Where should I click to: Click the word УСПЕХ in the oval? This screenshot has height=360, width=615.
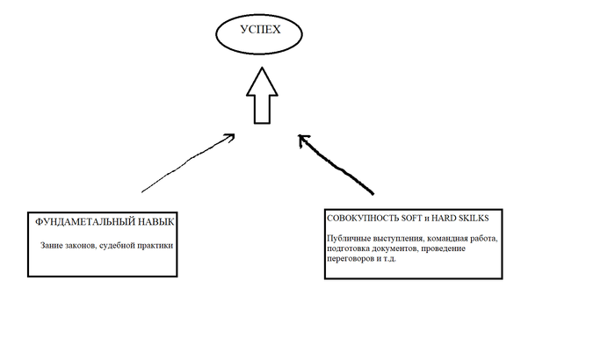point(260,30)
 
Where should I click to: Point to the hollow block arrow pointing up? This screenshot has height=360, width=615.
point(262,96)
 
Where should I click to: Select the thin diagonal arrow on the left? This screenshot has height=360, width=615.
point(188,162)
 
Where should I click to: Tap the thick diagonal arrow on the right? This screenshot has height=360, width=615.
point(336,164)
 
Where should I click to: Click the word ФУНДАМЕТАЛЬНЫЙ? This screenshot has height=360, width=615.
point(80,222)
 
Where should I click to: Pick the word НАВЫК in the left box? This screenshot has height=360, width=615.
point(150,222)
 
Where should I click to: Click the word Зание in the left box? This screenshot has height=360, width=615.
point(49,246)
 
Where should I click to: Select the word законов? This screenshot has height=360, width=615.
point(78,246)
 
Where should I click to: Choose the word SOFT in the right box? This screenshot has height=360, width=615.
point(407,219)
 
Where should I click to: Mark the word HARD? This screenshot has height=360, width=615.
point(443,219)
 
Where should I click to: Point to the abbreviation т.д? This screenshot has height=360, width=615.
point(390,259)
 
